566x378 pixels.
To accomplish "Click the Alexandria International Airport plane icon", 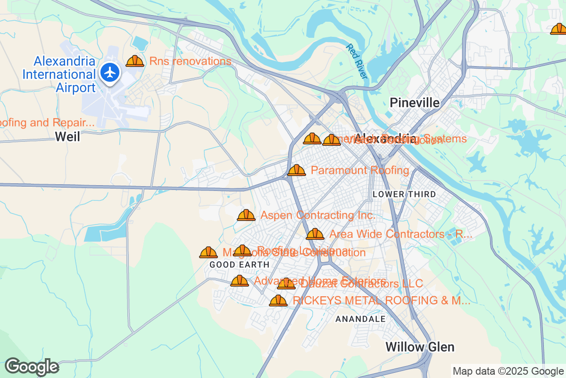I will pos(110,73).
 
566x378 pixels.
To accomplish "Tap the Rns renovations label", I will pos(190,61).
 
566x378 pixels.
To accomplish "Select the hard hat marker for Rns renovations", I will pos(135,61).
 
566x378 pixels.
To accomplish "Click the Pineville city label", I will pos(415,103).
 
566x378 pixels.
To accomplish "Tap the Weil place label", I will pos(67,137).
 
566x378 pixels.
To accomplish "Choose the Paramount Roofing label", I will pos(360,170).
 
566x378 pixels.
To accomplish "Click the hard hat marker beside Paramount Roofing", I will pos(297,170).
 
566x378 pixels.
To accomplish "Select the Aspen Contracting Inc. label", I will pos(318,215).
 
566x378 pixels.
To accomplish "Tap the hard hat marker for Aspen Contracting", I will pos(246,215).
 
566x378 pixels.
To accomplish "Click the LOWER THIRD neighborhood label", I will pos(404,194).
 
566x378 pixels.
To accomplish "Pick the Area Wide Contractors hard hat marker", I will pos(315,234).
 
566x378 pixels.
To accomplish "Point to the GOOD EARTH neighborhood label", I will pos(239,265).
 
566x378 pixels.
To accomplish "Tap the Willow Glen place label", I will pos(420,347).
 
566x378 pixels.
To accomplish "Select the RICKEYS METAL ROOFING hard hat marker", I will pos(278,301).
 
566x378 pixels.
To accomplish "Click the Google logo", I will pos(32,367).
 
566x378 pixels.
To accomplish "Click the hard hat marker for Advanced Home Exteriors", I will pos(240,281).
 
